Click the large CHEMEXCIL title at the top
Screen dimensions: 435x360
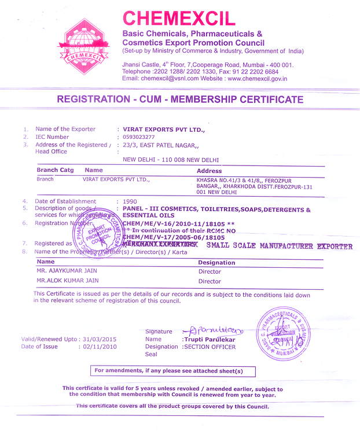(179, 19)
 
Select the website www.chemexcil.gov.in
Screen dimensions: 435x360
(258, 79)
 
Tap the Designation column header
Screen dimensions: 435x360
(216, 262)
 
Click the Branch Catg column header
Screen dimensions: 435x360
(55, 171)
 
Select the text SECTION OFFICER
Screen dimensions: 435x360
(210, 347)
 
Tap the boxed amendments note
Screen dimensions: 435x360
(173, 371)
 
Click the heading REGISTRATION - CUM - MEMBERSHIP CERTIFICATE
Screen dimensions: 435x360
(180, 99)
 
